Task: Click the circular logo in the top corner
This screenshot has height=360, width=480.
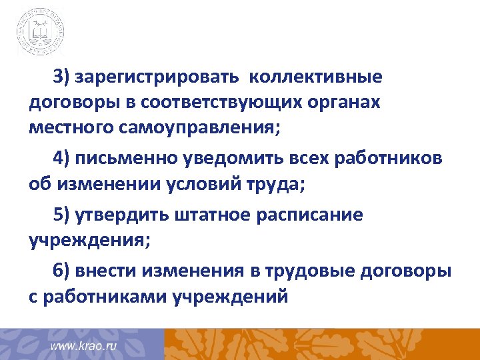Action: coord(41,31)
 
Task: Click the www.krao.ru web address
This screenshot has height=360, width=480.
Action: coord(84,347)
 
